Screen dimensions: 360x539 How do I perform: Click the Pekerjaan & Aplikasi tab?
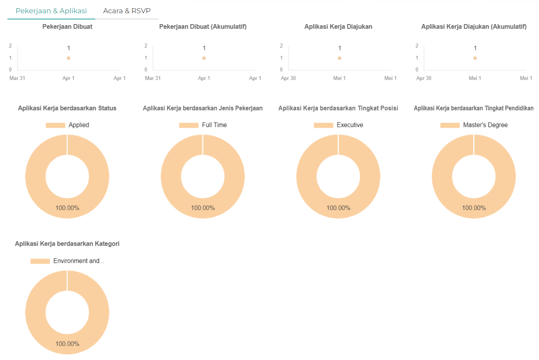[51, 11]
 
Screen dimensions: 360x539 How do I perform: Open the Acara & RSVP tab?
[127, 11]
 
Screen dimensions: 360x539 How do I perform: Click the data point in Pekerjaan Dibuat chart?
[68, 58]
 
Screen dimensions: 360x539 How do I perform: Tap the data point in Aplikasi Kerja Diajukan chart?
[339, 58]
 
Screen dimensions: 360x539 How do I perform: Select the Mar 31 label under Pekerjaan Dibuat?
[17, 78]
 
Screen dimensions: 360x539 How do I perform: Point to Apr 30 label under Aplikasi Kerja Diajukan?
[288, 78]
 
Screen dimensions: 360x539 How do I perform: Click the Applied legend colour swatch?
[56, 125]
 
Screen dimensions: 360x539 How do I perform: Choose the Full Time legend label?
[214, 125]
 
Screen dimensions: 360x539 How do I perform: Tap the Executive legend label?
[350, 125]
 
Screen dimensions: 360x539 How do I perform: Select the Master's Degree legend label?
[485, 125]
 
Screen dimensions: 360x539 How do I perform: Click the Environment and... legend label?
[78, 261]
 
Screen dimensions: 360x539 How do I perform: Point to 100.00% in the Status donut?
[67, 208]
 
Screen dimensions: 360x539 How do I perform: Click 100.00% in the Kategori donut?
[67, 344]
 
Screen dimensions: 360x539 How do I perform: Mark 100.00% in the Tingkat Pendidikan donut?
[474, 208]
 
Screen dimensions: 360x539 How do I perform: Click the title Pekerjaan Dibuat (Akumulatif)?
[203, 26]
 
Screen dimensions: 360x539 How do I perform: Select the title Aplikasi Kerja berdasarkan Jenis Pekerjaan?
[203, 108]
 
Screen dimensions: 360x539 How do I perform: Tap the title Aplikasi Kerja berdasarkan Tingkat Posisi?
[338, 108]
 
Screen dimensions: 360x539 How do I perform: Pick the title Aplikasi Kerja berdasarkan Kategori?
[67, 243]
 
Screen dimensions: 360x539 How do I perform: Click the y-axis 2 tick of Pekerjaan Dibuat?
[10, 46]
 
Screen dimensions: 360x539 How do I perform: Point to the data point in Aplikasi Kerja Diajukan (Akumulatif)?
[475, 58]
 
